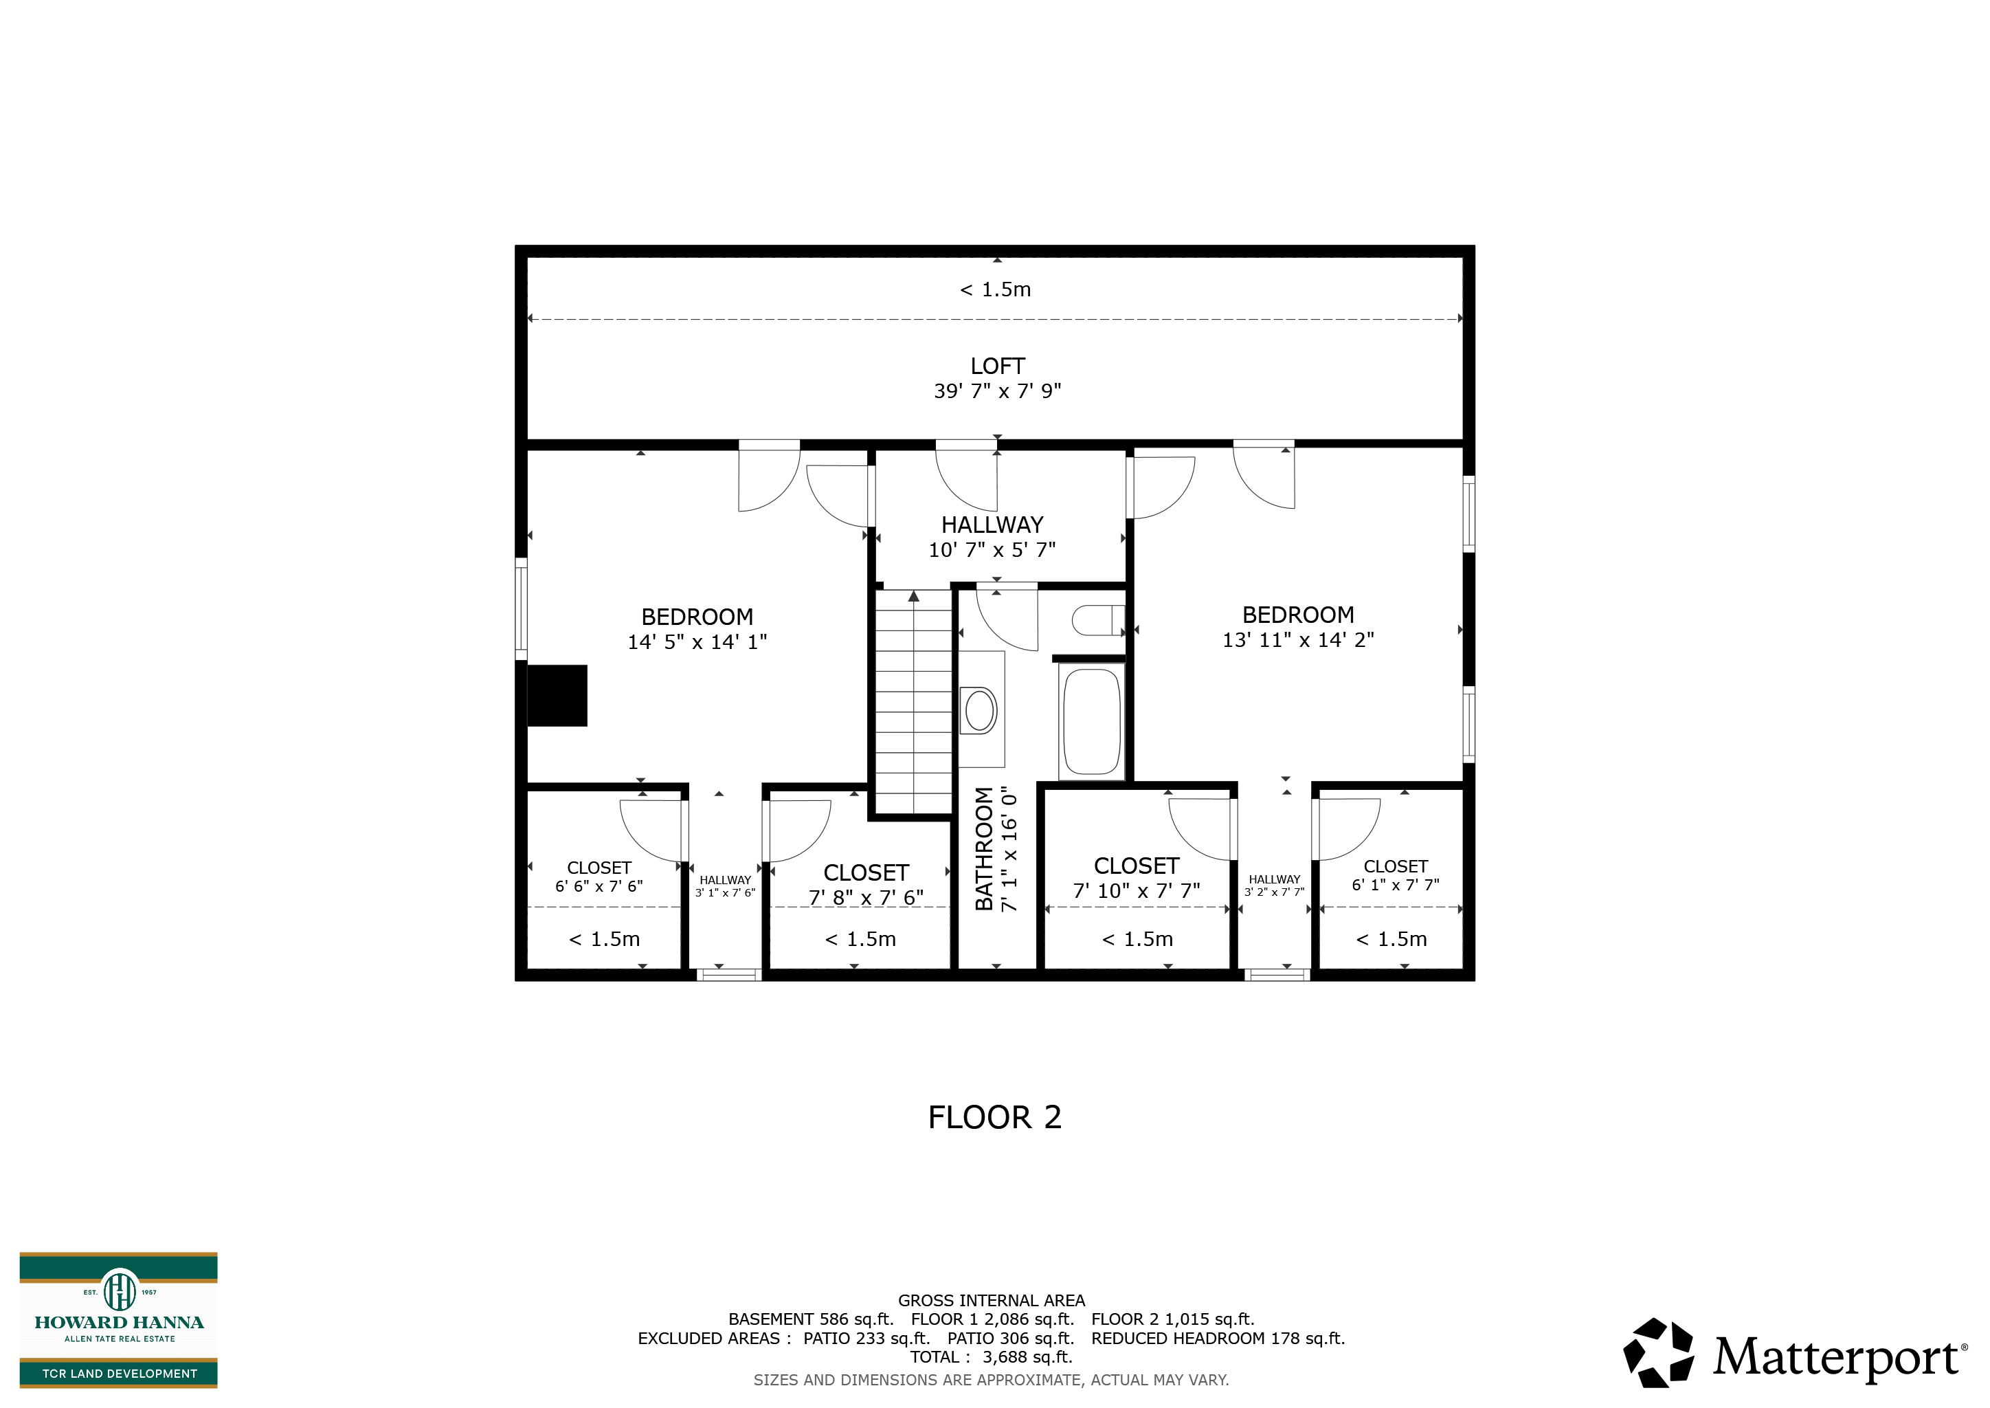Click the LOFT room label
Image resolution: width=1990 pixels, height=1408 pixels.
[x=997, y=366]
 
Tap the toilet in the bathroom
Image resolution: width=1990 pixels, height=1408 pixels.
[x=1098, y=621]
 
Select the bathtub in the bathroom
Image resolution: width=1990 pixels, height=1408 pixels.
[x=1092, y=721]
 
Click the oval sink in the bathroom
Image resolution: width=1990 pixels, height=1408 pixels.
[x=979, y=710]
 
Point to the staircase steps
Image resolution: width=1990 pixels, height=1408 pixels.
[x=913, y=701]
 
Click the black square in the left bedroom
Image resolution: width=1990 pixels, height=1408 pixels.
[x=557, y=695]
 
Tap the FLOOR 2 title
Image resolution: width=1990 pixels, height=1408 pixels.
[x=995, y=1118]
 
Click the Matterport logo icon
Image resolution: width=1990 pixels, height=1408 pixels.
[x=1658, y=1352]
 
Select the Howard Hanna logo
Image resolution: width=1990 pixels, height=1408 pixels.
[x=119, y=1319]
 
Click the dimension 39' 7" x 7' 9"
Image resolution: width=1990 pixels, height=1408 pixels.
[x=997, y=391]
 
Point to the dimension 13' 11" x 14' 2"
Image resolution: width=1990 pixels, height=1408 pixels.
[x=1297, y=640]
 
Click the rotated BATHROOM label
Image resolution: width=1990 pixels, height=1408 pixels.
[x=984, y=849]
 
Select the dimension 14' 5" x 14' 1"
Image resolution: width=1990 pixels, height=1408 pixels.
[x=697, y=642]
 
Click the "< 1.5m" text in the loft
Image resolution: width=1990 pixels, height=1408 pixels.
[x=995, y=289]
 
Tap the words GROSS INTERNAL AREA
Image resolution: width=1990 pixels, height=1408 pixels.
[x=992, y=1301]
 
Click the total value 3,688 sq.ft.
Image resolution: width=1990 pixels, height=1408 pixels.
[x=1027, y=1357]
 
